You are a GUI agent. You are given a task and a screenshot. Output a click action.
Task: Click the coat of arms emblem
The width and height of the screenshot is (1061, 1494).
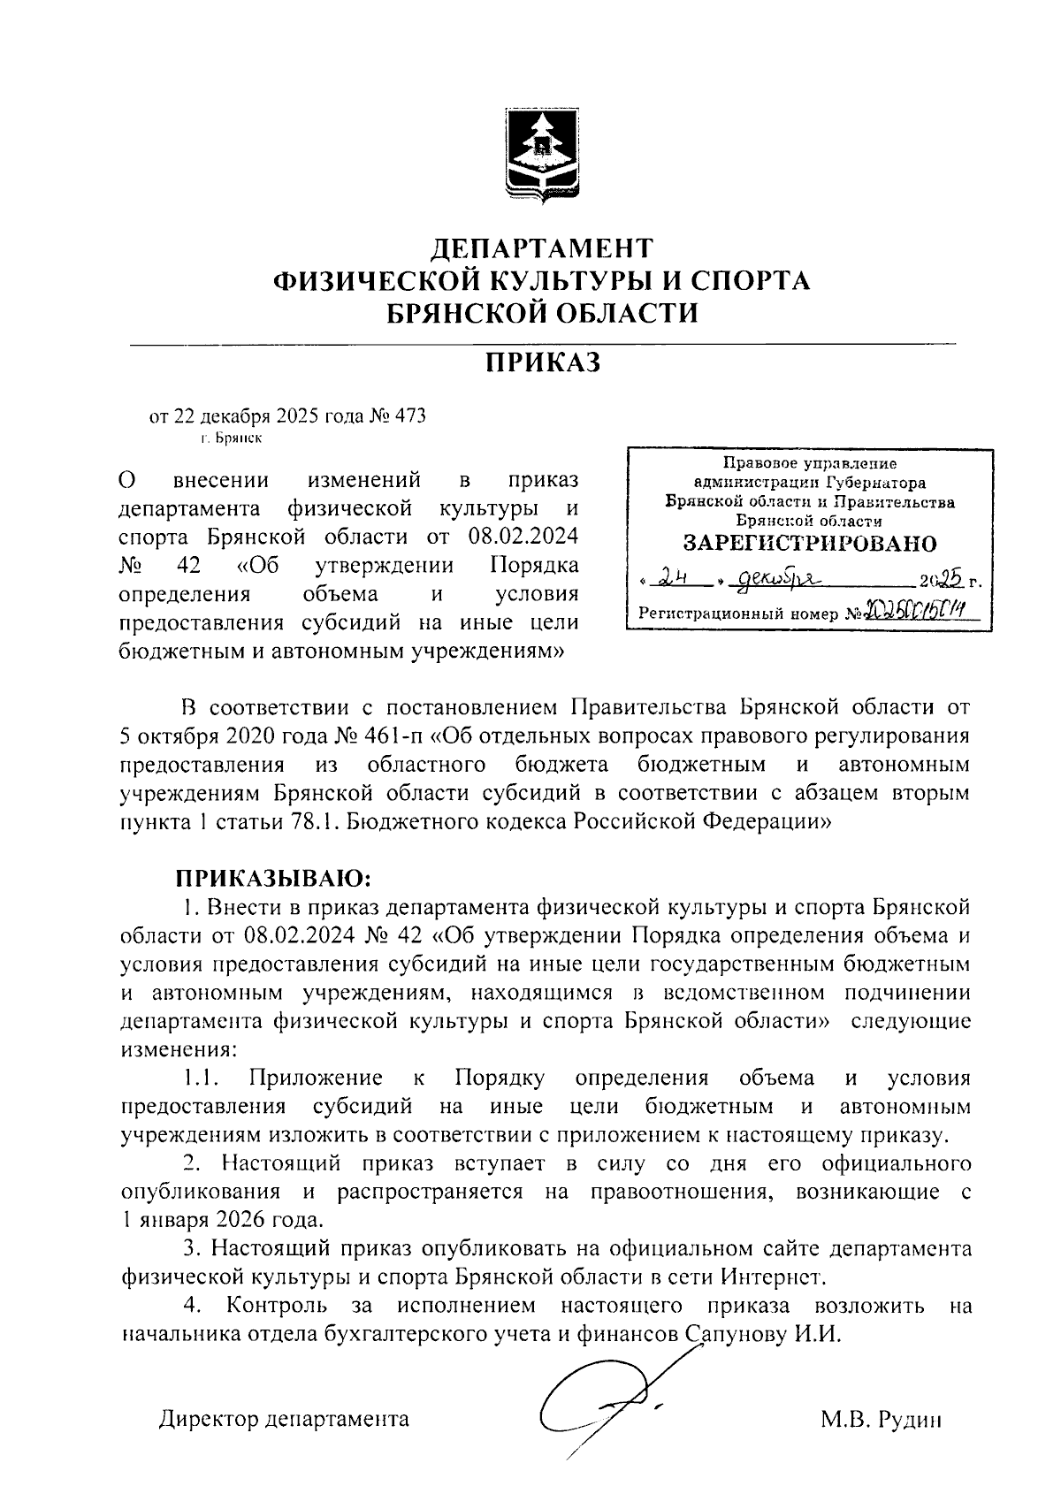pos(541,151)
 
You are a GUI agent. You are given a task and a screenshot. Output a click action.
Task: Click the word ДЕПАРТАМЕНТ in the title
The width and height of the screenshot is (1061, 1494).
pos(541,247)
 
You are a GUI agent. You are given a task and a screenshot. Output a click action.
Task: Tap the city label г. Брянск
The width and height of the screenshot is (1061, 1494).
pos(230,437)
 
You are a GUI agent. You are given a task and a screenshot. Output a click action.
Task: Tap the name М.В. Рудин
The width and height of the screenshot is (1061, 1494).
pos(880,1420)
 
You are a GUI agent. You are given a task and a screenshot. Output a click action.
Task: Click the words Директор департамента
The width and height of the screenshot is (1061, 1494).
pos(284,1420)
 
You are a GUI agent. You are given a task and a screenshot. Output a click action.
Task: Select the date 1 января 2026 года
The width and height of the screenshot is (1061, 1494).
pos(221,1221)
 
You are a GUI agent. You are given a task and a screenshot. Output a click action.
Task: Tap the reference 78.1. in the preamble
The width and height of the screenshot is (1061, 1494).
pos(311,821)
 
